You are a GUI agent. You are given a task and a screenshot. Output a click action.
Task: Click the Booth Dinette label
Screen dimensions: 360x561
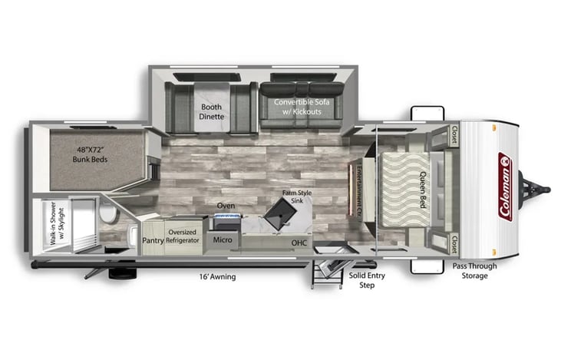point(213,111)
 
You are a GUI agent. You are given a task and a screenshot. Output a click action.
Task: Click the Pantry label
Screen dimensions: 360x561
point(153,240)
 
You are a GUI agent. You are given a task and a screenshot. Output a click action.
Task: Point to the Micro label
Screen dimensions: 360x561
point(223,240)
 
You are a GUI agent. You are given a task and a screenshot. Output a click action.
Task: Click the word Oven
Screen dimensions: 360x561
point(226,206)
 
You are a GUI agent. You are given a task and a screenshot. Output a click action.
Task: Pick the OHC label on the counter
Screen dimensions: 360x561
point(299,243)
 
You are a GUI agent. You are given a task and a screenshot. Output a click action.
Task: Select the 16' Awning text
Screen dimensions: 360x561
point(217,276)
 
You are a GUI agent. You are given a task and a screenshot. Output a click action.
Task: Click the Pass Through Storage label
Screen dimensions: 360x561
point(474,270)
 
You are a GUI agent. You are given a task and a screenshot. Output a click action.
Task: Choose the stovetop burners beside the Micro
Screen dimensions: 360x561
point(226,223)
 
